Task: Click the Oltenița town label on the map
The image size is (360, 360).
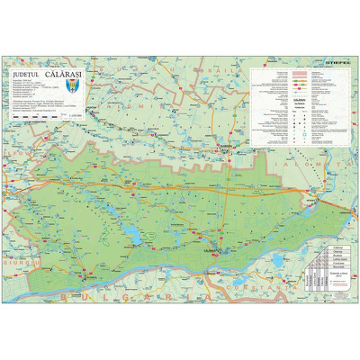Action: click(85, 266)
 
